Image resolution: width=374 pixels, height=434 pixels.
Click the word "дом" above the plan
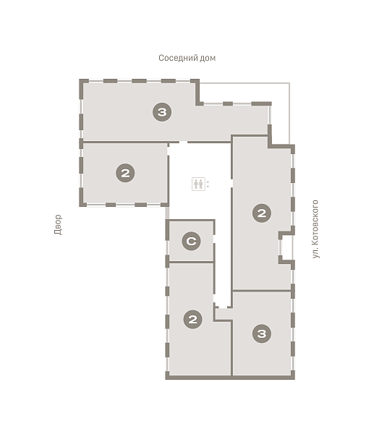pos(208,58)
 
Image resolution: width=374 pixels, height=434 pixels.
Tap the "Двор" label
pos(58,224)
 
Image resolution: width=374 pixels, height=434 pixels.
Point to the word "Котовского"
pos(315,223)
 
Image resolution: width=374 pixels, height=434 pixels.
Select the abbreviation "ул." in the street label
pos(315,253)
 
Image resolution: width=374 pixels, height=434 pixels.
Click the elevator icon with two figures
pos(198,184)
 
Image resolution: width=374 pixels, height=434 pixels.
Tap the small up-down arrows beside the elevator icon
pos(208,184)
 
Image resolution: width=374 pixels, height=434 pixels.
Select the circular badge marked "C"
pos(191,241)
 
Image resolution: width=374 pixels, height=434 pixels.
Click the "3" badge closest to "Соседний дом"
pos(162,112)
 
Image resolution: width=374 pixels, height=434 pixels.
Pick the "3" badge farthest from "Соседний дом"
pos(262,333)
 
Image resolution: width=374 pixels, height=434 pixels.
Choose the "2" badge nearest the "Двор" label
pos(125,173)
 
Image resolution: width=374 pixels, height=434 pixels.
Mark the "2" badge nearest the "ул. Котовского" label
pos(262,213)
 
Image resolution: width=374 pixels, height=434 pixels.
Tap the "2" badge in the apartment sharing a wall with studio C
pos(192,319)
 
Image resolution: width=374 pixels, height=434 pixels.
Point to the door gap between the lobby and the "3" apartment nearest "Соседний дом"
pos(183,142)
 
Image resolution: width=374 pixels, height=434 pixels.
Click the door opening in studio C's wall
pos(213,239)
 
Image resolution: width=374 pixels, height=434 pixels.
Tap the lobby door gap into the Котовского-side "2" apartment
pos(231,183)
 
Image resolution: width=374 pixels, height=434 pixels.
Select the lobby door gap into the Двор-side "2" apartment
pos(168,151)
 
